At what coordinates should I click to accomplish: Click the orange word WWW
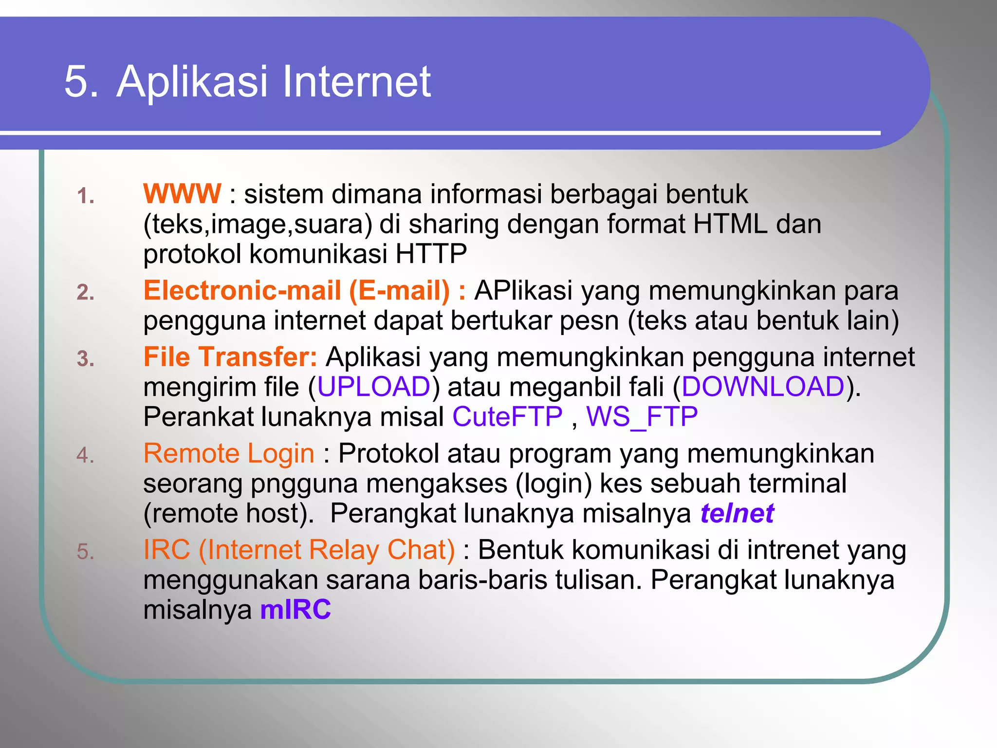point(182,194)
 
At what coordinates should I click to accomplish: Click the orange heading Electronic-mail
point(242,291)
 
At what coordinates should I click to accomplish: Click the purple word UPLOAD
point(373,387)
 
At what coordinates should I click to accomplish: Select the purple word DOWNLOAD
point(763,387)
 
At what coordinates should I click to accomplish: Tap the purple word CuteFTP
point(507,417)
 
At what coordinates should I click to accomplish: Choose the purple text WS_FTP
point(642,417)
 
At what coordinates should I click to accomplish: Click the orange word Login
point(281,454)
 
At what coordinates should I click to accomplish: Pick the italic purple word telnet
point(737,514)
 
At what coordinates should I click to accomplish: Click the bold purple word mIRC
point(295,610)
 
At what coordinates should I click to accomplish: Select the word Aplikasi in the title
point(192,81)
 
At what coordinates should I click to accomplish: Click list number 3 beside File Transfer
point(85,359)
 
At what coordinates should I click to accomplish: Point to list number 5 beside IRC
point(85,552)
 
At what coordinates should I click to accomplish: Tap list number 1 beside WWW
point(85,197)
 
